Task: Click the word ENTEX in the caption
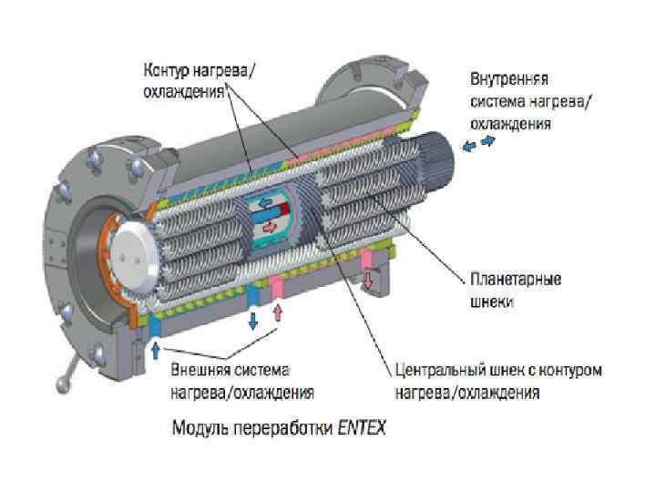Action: tap(363, 426)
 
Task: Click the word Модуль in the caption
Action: tap(200, 426)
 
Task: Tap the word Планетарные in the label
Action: tap(515, 278)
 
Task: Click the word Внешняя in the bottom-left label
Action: tap(200, 373)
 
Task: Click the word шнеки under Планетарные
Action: tap(491, 300)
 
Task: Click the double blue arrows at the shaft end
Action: tap(478, 144)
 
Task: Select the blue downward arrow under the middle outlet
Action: tap(252, 319)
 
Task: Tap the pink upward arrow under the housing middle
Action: tap(279, 316)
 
